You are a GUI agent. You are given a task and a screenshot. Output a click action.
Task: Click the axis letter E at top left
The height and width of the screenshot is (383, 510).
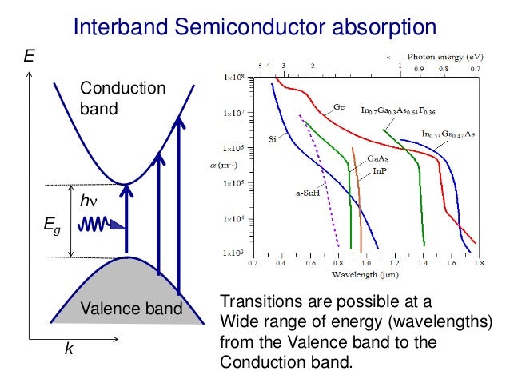click(x=30, y=57)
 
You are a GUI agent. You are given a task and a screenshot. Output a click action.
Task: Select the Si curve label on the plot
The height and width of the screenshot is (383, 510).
click(x=272, y=138)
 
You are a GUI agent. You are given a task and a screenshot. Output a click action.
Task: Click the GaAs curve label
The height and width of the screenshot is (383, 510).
click(x=378, y=158)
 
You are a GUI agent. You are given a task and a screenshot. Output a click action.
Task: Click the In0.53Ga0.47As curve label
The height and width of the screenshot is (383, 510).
click(x=448, y=134)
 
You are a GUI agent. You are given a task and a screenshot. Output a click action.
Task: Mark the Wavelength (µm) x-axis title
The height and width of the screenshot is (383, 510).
click(x=365, y=273)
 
